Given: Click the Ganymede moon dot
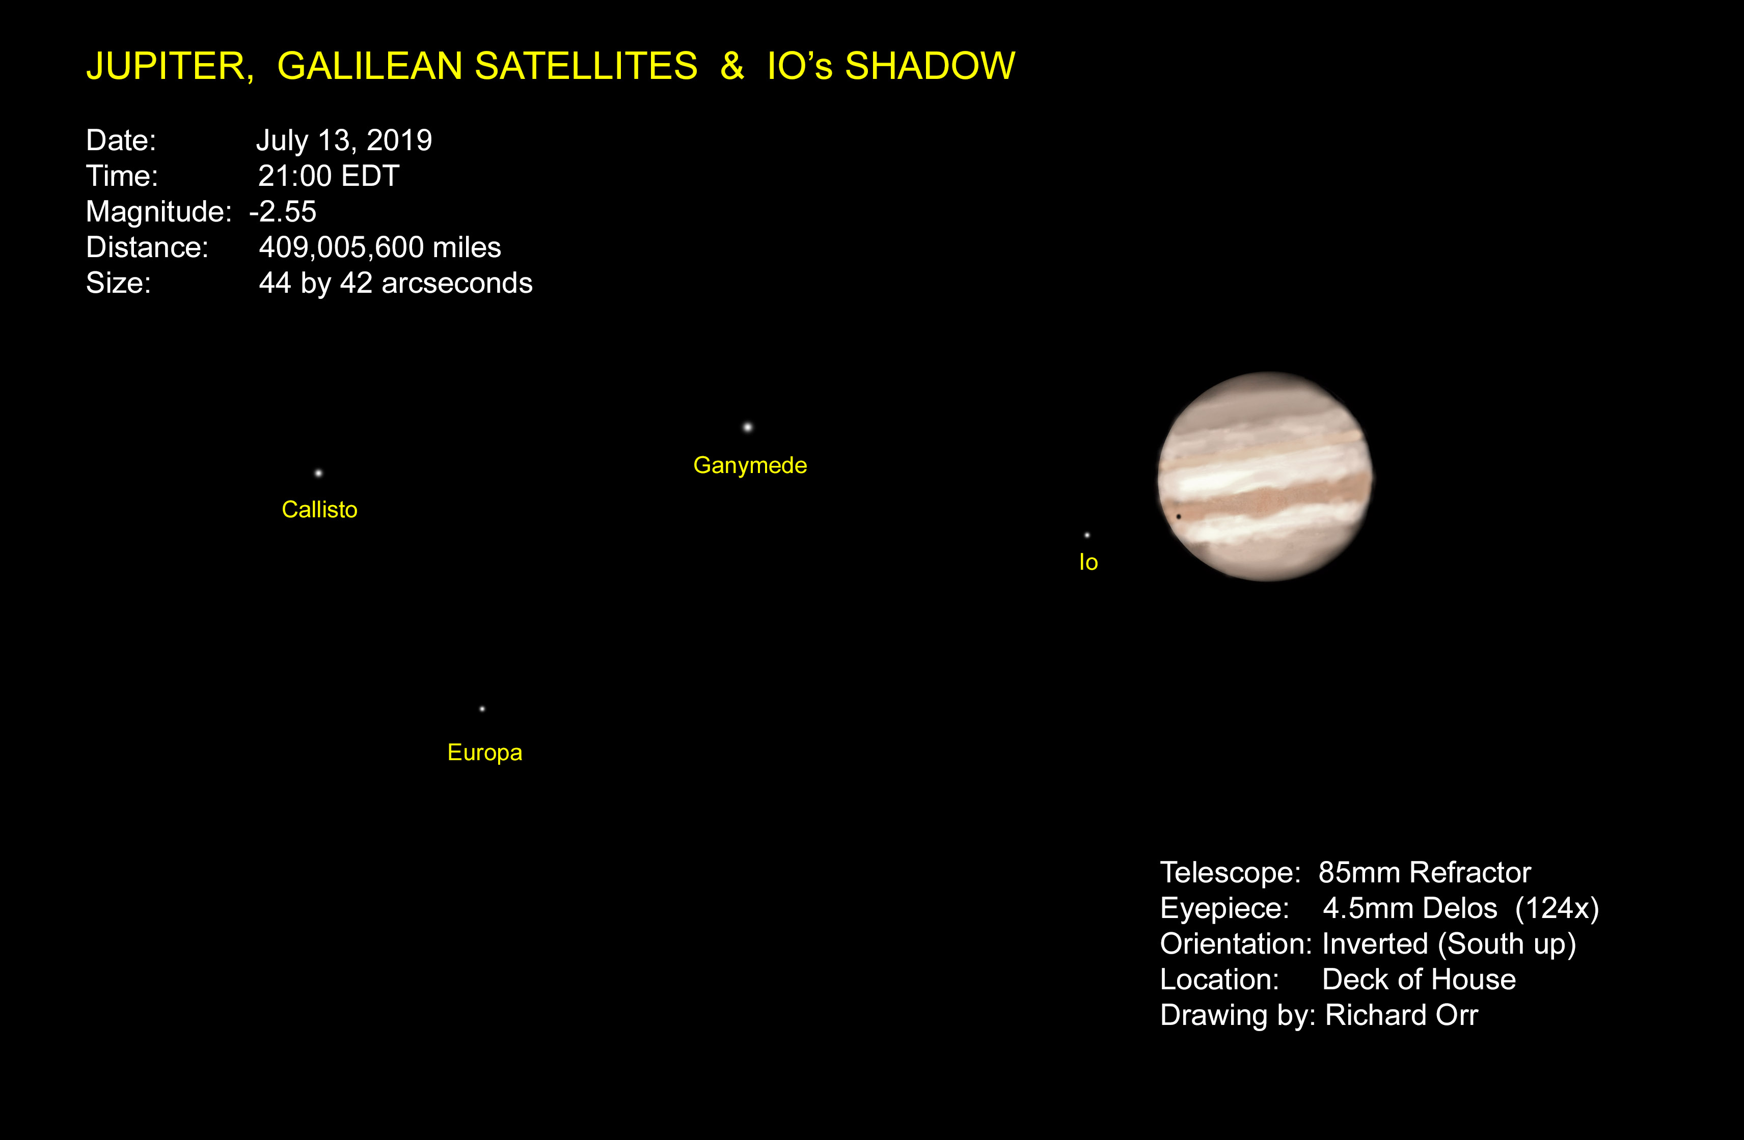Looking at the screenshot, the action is tap(747, 427).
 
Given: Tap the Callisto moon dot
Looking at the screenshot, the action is tap(318, 474).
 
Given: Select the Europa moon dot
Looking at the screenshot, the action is tap(482, 709).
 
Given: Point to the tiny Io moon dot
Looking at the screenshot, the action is tap(1087, 536).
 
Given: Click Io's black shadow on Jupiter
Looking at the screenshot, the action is tap(1178, 516).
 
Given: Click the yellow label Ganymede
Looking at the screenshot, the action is tap(750, 466).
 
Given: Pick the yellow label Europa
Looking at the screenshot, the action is tap(484, 753).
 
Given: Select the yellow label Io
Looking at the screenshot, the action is tap(1088, 562).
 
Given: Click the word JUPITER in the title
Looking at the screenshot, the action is tap(169, 67).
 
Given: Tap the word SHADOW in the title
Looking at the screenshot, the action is tap(930, 66).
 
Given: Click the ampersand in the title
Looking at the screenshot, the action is tap(732, 66).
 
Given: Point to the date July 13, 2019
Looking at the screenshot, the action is tap(344, 141).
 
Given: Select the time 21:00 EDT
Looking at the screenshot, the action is tap(329, 176).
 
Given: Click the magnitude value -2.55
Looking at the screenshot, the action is tap(283, 212).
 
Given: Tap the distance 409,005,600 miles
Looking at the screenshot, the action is tap(379, 247).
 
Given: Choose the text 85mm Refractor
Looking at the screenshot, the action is tap(1425, 873).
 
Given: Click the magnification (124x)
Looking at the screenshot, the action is tap(1557, 908).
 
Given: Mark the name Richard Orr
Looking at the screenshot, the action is tap(1401, 1015).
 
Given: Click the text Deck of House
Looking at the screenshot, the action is tap(1419, 980).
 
